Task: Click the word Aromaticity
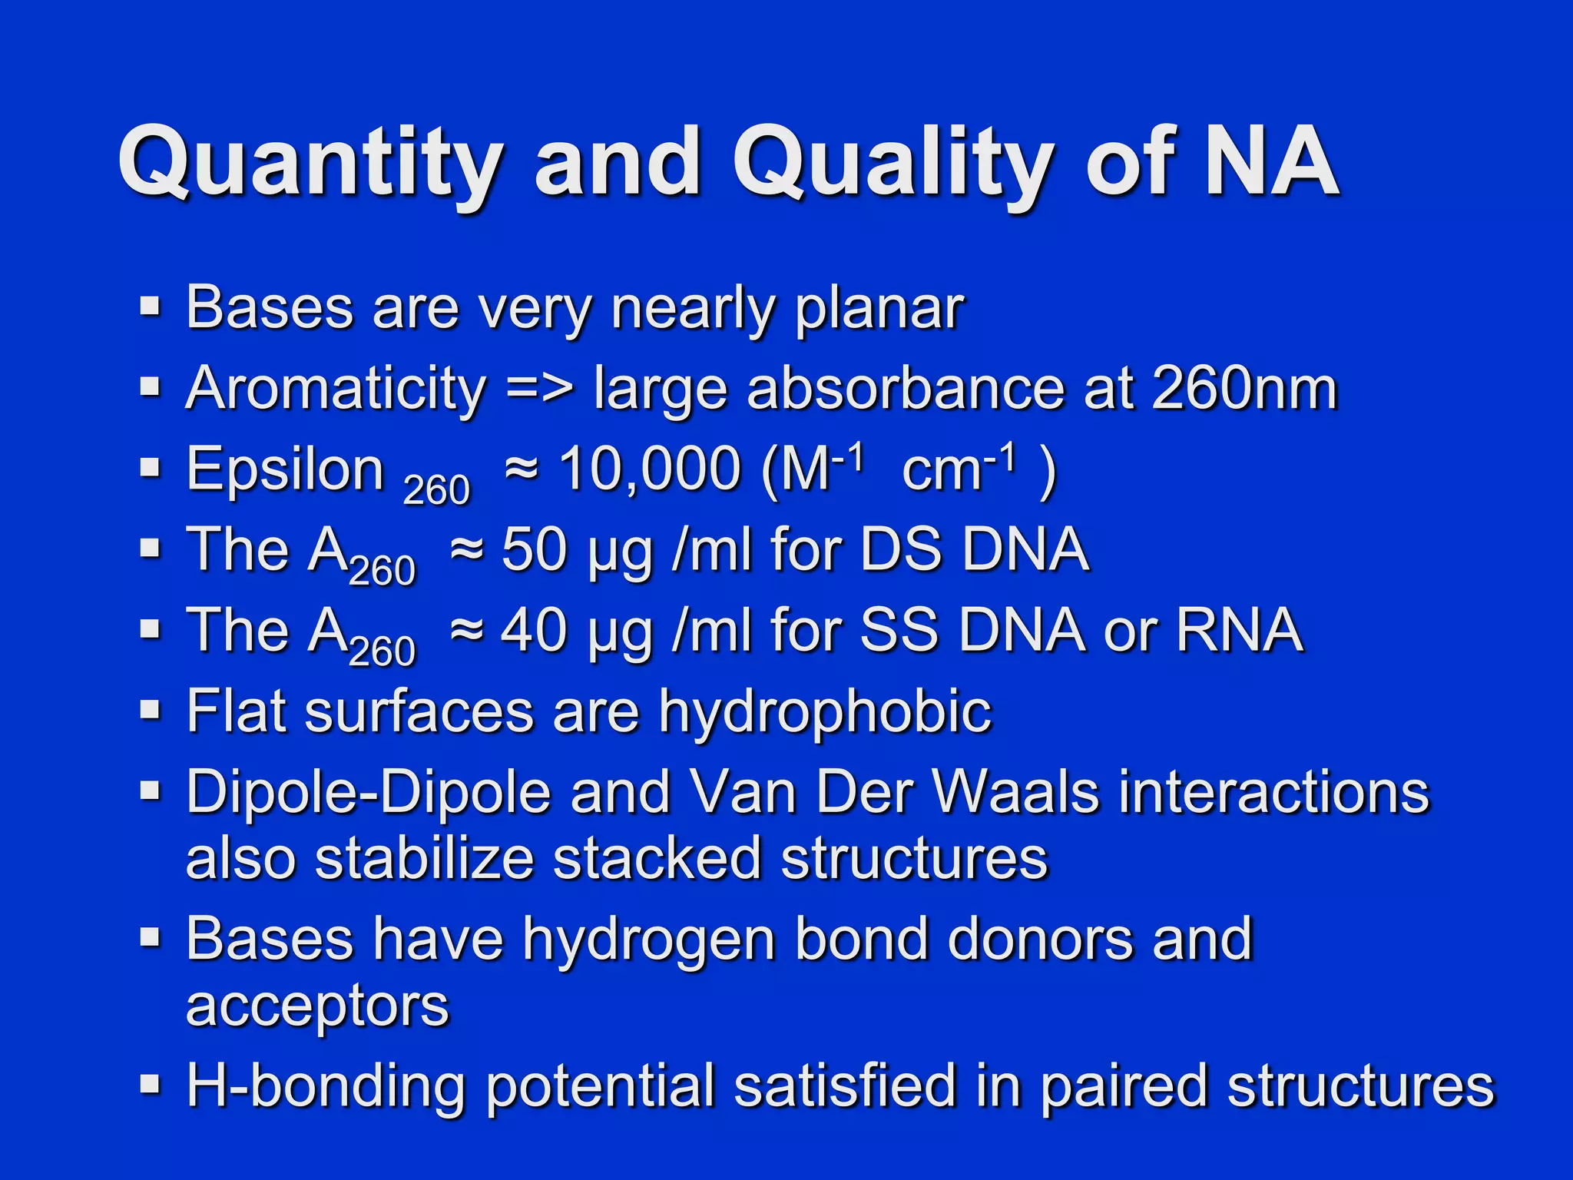pyautogui.click(x=336, y=389)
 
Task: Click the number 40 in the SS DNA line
pyautogui.click(x=534, y=631)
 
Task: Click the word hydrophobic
pyautogui.click(x=825, y=711)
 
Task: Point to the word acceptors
pyautogui.click(x=317, y=1006)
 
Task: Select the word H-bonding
pyautogui.click(x=326, y=1086)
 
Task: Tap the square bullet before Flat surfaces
pyautogui.click(x=150, y=710)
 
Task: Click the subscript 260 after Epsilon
pyautogui.click(x=435, y=490)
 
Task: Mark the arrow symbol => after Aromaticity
pyautogui.click(x=539, y=390)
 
